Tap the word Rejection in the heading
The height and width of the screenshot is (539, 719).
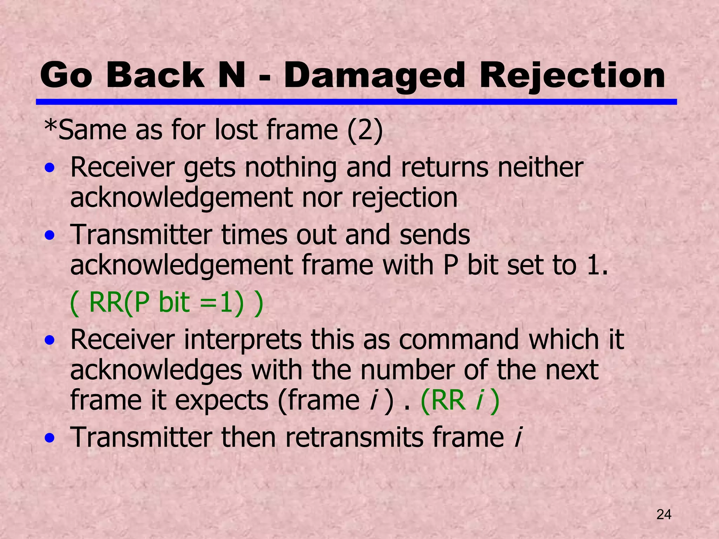point(572,75)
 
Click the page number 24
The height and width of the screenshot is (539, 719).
point(664,514)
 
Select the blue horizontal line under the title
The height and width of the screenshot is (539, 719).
point(356,102)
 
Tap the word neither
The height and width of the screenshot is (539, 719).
point(540,168)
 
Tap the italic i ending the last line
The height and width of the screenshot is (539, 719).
point(517,438)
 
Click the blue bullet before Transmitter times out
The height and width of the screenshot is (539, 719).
point(50,235)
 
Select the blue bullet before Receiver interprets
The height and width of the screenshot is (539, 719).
point(50,340)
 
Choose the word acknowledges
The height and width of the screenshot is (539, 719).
point(156,371)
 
